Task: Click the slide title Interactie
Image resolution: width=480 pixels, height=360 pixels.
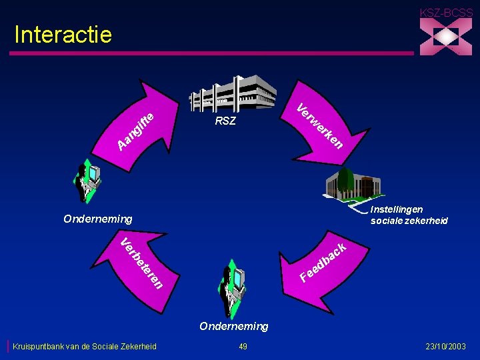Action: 63,35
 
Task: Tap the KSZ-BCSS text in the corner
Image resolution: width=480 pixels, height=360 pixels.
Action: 446,12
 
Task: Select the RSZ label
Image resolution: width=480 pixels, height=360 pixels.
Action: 225,122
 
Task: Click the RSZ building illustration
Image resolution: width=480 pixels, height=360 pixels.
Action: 232,93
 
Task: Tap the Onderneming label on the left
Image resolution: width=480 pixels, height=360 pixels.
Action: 97,219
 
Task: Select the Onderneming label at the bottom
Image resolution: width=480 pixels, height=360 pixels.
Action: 234,326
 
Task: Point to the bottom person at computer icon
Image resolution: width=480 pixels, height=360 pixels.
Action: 234,287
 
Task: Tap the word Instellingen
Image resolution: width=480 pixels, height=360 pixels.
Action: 396,210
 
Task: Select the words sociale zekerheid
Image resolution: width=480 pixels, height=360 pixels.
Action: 409,221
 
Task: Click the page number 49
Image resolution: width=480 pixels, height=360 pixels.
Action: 243,346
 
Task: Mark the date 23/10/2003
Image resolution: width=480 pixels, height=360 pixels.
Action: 446,346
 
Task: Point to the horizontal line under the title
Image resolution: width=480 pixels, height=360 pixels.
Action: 213,53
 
